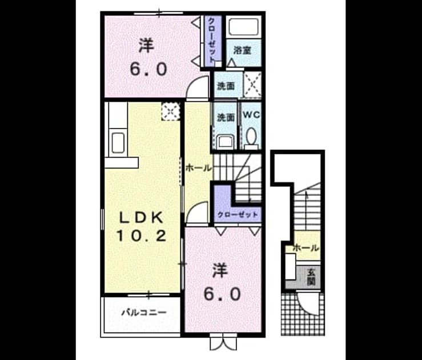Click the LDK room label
141,218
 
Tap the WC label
251,115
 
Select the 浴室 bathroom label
243,50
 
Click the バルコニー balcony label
144,313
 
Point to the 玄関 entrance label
311,277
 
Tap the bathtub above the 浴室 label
243,26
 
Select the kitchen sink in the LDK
117,142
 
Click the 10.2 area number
140,236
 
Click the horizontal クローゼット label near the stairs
238,215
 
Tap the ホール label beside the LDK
199,169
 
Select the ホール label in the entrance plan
306,248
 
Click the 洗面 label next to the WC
226,118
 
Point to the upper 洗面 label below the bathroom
226,86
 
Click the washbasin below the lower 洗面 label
226,142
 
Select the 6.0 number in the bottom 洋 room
222,294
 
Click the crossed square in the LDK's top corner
171,111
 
